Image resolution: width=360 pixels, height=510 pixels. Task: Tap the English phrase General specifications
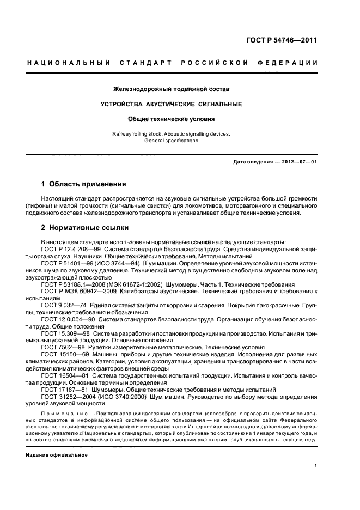pyautogui.click(x=171, y=140)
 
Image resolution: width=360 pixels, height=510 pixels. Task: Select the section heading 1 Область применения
pyautogui.click(x=84, y=184)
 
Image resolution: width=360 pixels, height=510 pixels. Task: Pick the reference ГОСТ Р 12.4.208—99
pyautogui.click(x=68, y=248)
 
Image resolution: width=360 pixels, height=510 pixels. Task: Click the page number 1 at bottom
pyautogui.click(x=316, y=466)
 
